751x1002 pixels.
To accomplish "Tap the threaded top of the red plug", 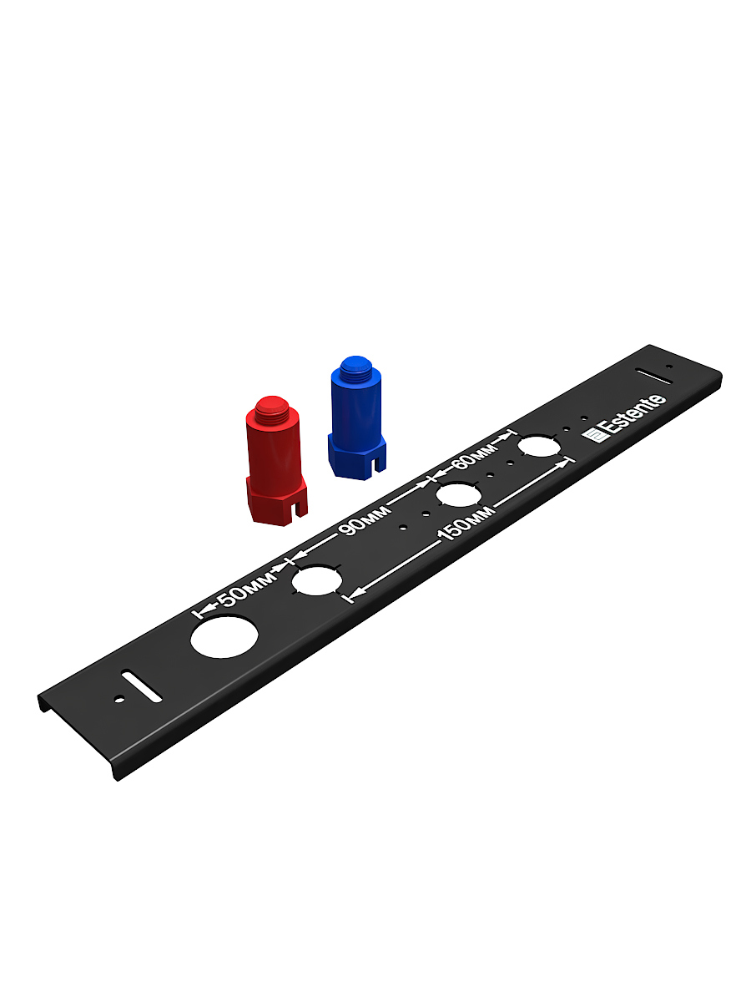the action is coord(272,407).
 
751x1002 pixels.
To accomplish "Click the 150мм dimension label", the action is coord(466,524).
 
